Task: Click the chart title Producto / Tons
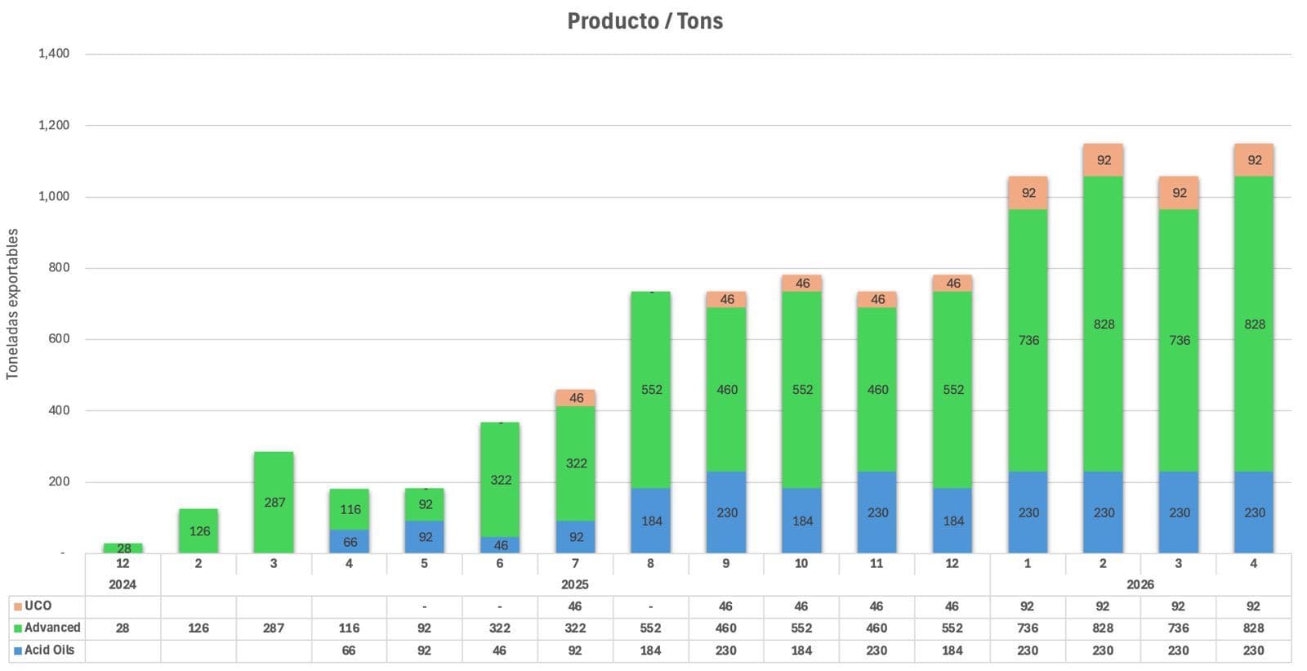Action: (x=645, y=20)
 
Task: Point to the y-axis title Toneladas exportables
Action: (x=12, y=303)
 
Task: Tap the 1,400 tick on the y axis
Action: (x=54, y=54)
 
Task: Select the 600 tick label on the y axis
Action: (x=59, y=338)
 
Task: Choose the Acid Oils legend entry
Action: (x=44, y=650)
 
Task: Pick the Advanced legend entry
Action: (x=47, y=628)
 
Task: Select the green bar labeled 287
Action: (x=274, y=502)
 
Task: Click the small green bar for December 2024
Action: (x=123, y=548)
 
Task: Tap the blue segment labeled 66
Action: (x=350, y=541)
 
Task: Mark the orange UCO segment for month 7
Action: (x=576, y=398)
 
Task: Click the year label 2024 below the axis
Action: (x=123, y=584)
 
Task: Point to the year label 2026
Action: (x=1140, y=584)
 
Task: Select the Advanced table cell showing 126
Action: (x=199, y=628)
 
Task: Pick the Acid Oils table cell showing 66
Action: (x=349, y=650)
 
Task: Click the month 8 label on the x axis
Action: (x=650, y=563)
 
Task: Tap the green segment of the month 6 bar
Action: (x=500, y=479)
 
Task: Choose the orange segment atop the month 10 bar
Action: (x=802, y=283)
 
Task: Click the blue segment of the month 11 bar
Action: (x=877, y=512)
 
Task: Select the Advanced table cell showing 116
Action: (x=349, y=628)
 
